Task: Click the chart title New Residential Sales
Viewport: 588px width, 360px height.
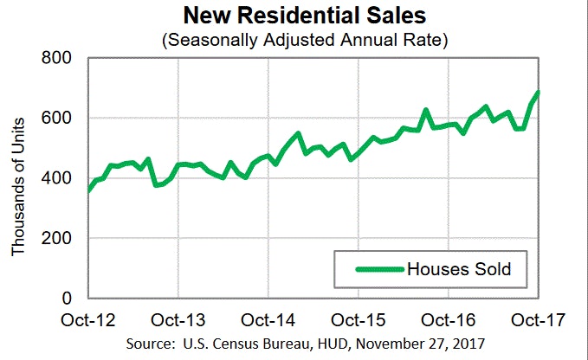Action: point(304,16)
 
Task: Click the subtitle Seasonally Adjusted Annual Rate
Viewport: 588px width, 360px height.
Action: point(304,40)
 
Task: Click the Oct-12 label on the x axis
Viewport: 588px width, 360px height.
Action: point(89,319)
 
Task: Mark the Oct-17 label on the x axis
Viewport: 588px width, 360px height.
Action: point(539,319)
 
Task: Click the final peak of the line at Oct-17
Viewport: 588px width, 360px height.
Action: point(539,93)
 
